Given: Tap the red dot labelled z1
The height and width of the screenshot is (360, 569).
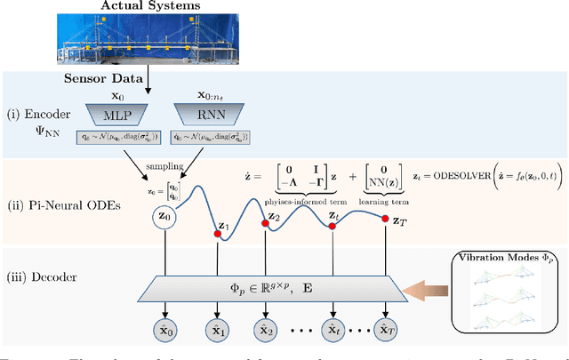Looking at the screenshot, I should [217, 234].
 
